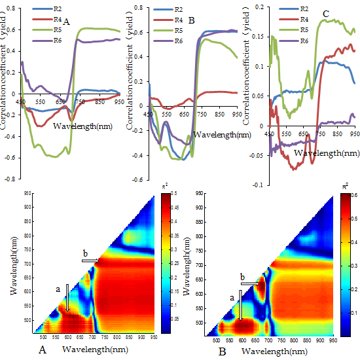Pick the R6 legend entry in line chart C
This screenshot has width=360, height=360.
(x=302, y=41)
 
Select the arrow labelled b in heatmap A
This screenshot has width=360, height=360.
(x=90, y=261)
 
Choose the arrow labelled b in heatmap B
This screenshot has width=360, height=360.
(x=249, y=283)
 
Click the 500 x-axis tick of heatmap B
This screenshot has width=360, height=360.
(x=215, y=341)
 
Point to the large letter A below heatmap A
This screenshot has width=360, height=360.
(x=43, y=350)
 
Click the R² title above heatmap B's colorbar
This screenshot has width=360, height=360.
(x=344, y=187)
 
